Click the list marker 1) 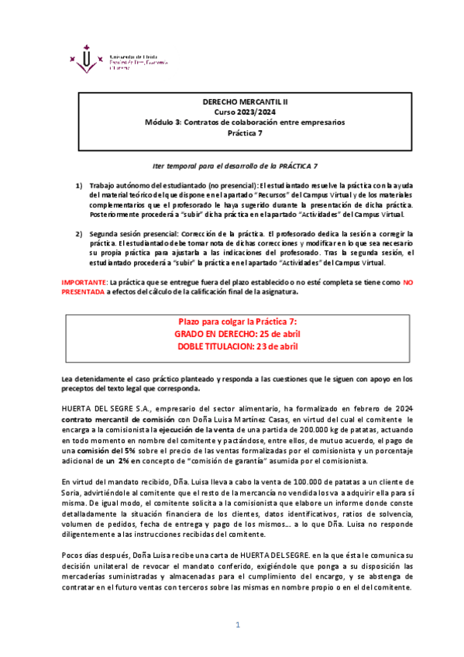(79, 187)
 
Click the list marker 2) (79, 233)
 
